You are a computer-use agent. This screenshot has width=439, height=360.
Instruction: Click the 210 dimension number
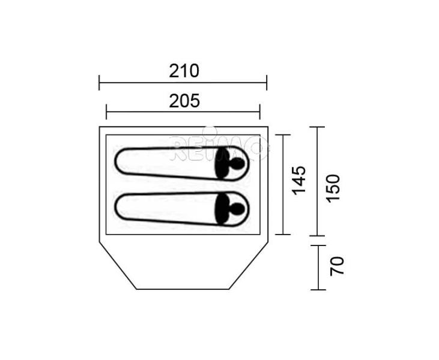(184, 71)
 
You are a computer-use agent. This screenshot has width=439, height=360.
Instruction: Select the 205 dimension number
(184, 101)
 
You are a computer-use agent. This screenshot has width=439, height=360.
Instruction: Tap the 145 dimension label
(298, 181)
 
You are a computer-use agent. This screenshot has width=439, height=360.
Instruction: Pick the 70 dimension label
(336, 266)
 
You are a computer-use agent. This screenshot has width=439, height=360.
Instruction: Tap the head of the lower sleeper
(238, 209)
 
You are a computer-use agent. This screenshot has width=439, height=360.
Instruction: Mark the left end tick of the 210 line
(99, 83)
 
